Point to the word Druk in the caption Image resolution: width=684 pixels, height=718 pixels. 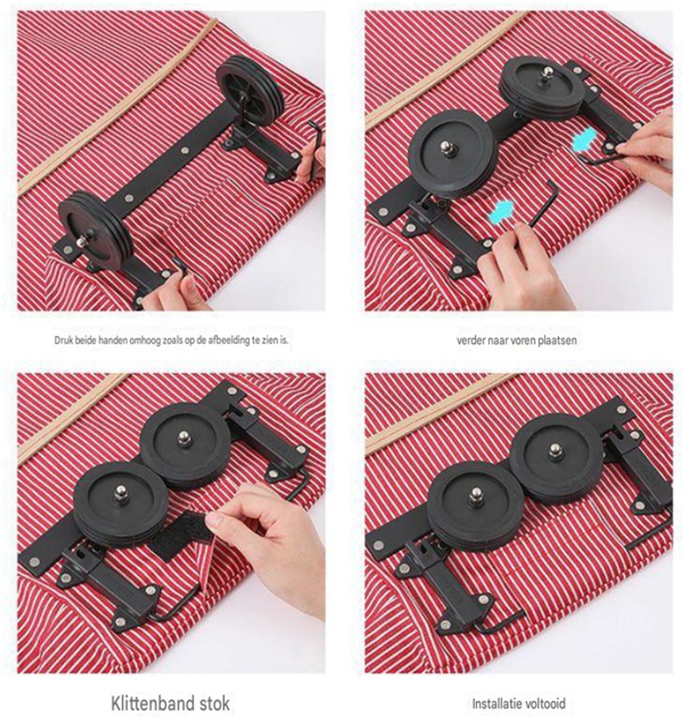[62, 340]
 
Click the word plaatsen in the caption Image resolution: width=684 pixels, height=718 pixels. [559, 340]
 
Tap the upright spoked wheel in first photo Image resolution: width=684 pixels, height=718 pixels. [250, 87]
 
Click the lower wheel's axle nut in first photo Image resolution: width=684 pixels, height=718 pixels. [82, 241]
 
